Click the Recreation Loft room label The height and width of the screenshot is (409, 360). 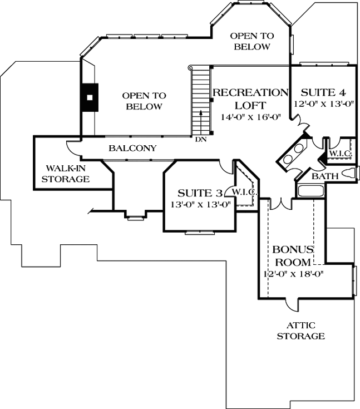(250, 98)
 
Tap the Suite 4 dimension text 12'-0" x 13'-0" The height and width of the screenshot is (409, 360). (324, 104)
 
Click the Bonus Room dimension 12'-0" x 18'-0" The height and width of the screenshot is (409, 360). (293, 274)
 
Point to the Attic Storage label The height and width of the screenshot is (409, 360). (300, 331)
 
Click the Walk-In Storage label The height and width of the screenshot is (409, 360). (67, 173)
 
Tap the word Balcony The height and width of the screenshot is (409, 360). (132, 149)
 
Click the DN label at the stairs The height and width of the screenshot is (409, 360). (201, 139)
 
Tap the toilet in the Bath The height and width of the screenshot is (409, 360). (348, 173)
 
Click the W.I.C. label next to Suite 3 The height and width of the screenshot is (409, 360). (243, 192)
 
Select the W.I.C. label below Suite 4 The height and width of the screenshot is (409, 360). (338, 152)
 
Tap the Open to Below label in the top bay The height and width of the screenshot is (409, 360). (252, 41)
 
